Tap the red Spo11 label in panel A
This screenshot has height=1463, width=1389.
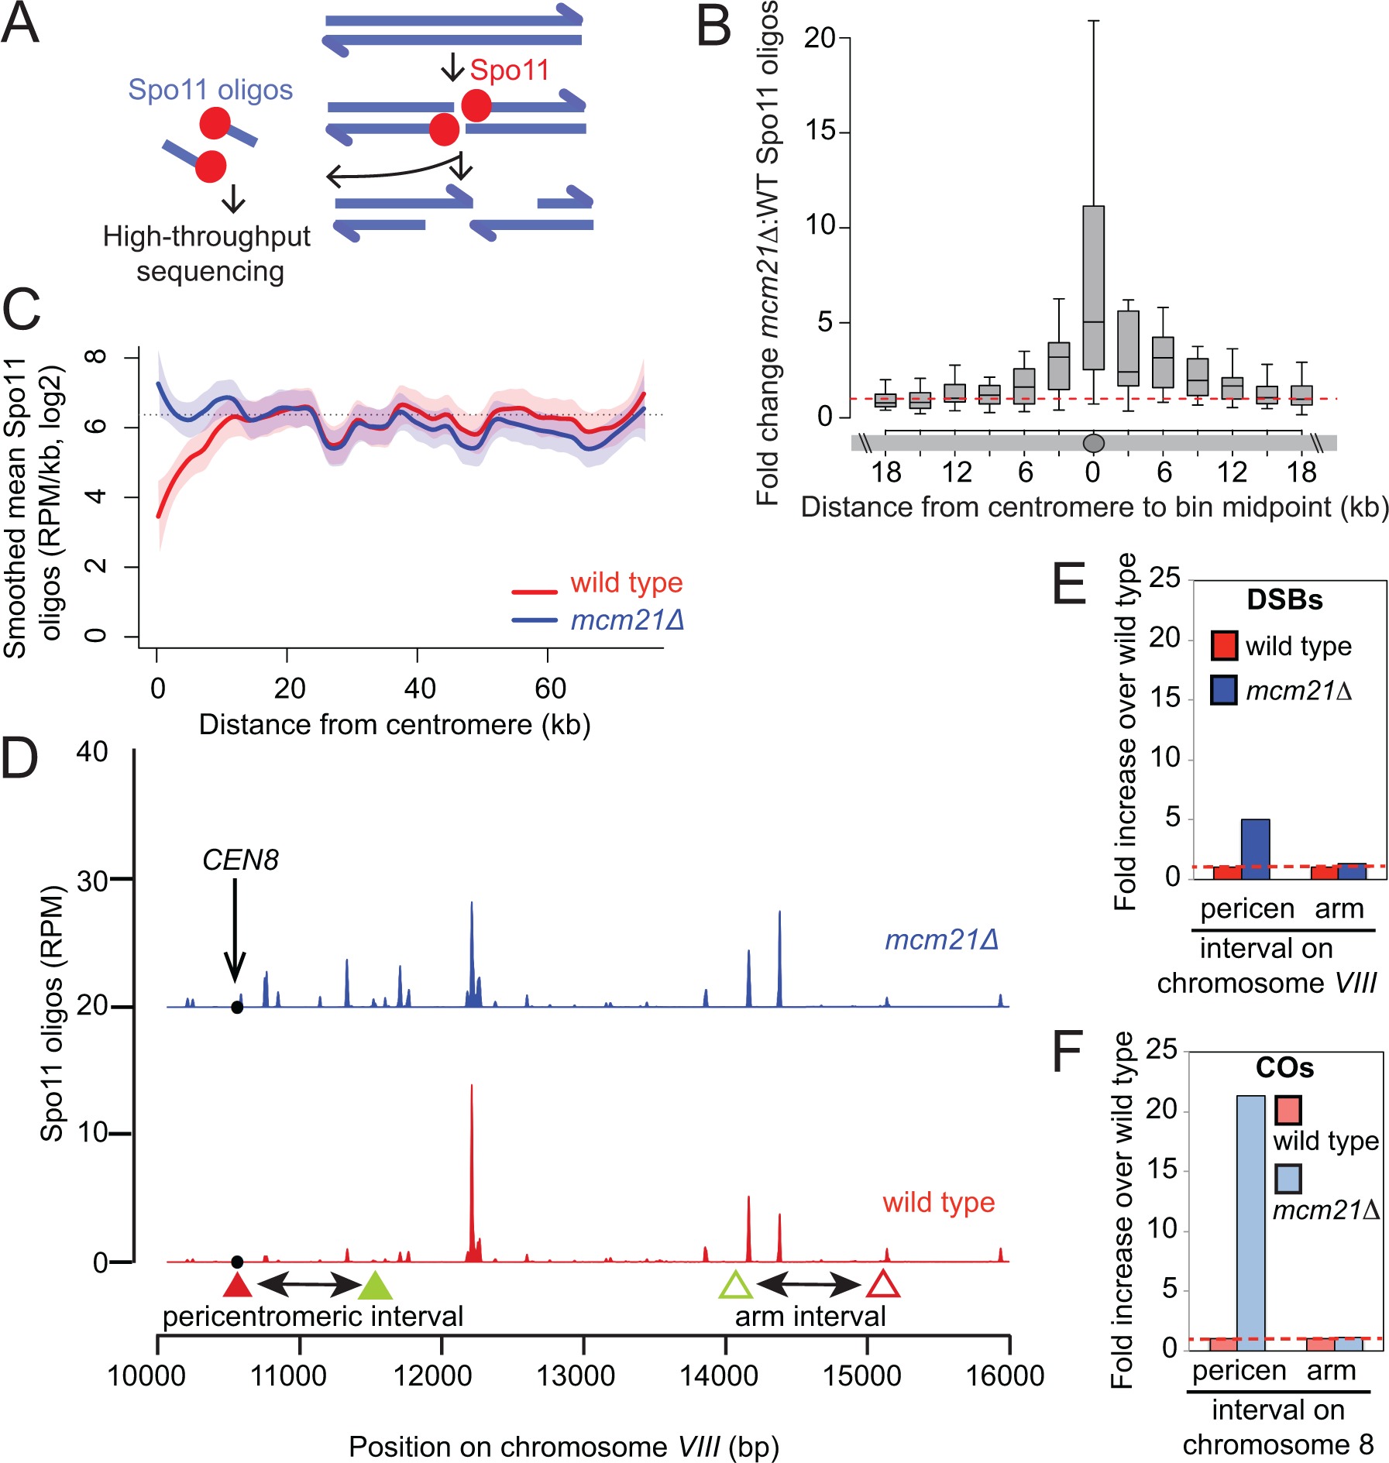click(509, 70)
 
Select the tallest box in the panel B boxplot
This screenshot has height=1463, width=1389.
click(1093, 287)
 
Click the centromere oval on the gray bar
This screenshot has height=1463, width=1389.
click(1093, 443)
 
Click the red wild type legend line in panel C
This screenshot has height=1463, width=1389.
click(535, 592)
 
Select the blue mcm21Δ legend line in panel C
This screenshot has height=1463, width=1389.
click(535, 620)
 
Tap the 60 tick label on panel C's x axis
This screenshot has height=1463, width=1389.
click(550, 688)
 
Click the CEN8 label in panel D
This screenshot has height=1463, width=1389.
click(240, 860)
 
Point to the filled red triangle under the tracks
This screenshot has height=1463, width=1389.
click(237, 1286)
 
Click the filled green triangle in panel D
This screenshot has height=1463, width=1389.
click(376, 1286)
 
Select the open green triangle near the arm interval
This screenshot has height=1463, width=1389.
click(736, 1286)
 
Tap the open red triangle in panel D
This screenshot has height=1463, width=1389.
click(882, 1286)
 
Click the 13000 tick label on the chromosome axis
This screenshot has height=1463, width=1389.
click(576, 1376)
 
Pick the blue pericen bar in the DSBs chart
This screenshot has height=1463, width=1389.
click(1255, 849)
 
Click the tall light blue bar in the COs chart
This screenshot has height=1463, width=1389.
click(1250, 1223)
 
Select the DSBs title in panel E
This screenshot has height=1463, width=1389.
click(1284, 600)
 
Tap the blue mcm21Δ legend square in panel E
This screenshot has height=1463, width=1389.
click(1223, 689)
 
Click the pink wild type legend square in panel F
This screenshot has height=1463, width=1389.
click(1288, 1110)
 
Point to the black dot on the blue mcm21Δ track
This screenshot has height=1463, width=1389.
click(237, 1008)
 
